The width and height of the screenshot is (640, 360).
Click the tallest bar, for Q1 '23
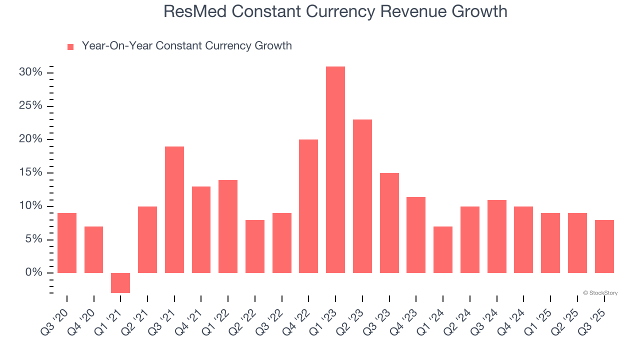335,170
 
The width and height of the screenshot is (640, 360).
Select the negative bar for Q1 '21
120,283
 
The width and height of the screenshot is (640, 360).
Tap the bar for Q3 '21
174,210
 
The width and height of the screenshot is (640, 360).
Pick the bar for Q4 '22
308,206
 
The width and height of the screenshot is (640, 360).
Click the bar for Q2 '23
362,196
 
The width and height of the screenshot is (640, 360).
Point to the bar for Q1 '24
443,250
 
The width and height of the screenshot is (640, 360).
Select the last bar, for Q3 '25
604,246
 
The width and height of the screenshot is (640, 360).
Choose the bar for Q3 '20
67,243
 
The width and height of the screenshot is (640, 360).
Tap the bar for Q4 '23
416,235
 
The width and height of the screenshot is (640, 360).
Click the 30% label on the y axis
30,72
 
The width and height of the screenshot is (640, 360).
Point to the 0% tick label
33,272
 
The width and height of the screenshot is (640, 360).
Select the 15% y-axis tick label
30,172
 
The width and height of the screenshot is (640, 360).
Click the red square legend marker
70,47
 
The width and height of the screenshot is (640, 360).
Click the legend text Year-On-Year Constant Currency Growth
186,46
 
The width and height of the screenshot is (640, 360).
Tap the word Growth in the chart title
479,11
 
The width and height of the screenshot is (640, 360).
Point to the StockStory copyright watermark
600,293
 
